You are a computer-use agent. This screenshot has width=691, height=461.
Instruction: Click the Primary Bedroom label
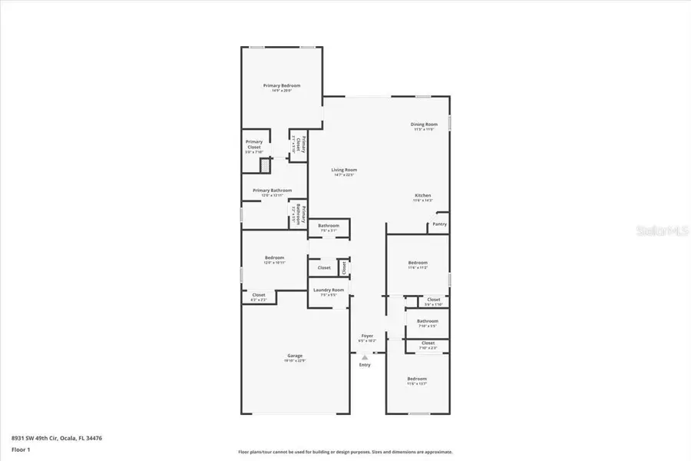tap(282, 85)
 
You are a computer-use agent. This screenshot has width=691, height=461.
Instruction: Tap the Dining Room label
tap(425, 124)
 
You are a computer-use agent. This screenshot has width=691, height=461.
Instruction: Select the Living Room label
tap(344, 170)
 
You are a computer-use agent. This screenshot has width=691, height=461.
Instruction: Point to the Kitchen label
tap(423, 195)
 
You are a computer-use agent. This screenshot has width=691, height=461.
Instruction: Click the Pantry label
tap(439, 224)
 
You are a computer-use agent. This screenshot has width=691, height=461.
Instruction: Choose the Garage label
tap(295, 356)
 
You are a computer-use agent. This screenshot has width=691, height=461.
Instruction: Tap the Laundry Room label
tap(328, 290)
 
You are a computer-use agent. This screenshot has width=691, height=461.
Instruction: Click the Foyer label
tap(367, 336)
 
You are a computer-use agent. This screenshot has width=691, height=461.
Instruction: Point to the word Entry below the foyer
tap(365, 365)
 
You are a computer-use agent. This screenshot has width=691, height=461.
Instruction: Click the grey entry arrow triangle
tap(365, 357)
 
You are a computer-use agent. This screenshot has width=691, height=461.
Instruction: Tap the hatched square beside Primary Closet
tap(265, 164)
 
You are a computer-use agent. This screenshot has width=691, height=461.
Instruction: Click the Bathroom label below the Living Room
tap(329, 225)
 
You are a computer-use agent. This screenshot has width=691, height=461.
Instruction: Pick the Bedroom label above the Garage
tap(275, 257)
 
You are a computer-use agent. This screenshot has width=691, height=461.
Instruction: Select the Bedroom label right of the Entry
tap(417, 379)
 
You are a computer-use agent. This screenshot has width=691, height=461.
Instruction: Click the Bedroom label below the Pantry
tap(418, 263)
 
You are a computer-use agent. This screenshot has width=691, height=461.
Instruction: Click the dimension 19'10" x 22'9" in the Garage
tap(295, 360)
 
